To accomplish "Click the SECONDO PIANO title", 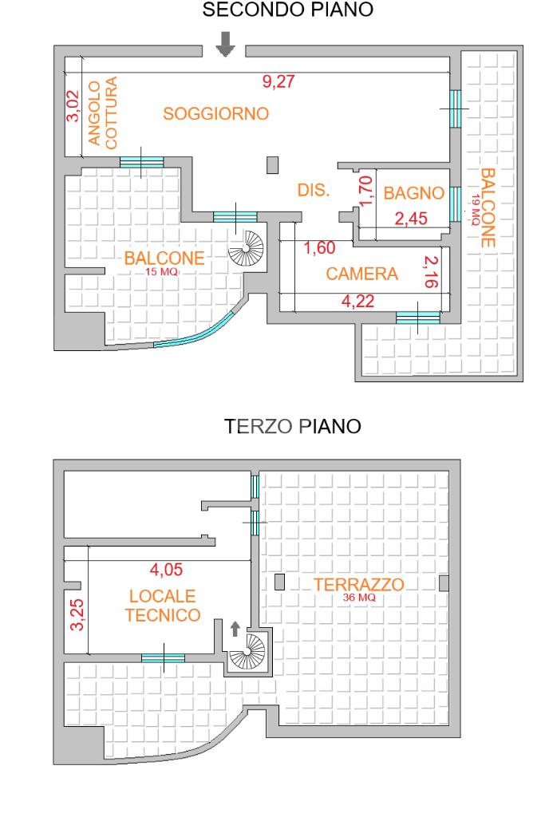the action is (287, 10).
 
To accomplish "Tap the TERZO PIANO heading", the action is (292, 426).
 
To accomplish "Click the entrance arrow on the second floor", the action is (225, 44).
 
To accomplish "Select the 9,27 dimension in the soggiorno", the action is (278, 81).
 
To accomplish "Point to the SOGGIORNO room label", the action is (215, 113).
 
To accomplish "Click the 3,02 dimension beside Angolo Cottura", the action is (73, 106).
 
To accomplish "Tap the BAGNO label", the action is (413, 193).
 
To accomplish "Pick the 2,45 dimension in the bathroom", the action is (411, 219).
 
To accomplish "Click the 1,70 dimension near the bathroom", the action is (366, 191).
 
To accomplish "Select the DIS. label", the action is (314, 190).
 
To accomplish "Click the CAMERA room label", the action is (362, 274).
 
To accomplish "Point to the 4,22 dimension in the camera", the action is (358, 301).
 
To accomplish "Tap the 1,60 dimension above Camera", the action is (319, 247).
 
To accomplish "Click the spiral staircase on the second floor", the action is (247, 249).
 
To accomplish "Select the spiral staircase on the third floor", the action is (248, 651).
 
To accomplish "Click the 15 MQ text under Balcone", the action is (161, 271).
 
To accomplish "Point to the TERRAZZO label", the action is (359, 585).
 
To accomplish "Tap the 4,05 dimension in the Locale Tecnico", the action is (166, 570).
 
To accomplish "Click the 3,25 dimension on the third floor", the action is (77, 615).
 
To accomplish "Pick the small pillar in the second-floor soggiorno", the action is (273, 165).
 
